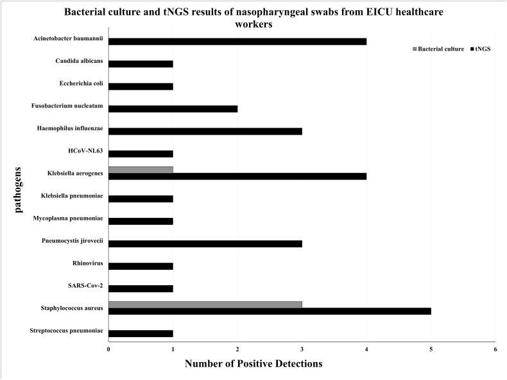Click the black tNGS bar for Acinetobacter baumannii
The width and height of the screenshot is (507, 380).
237,42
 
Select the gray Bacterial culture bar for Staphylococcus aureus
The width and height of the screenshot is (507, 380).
205,304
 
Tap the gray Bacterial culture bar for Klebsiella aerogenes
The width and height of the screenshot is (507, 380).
141,170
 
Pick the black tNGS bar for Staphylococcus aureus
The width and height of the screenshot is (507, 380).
270,311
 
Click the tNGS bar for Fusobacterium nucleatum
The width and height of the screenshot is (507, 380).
173,108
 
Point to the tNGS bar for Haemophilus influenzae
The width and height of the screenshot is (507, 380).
205,131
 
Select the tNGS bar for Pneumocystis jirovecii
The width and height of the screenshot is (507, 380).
205,244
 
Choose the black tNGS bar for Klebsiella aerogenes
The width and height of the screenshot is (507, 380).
237,176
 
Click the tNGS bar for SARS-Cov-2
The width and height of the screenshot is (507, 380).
141,288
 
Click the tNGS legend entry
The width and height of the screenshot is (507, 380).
481,49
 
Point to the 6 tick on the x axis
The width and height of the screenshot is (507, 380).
495,349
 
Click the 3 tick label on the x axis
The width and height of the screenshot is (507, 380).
302,349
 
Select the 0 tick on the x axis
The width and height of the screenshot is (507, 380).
108,349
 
